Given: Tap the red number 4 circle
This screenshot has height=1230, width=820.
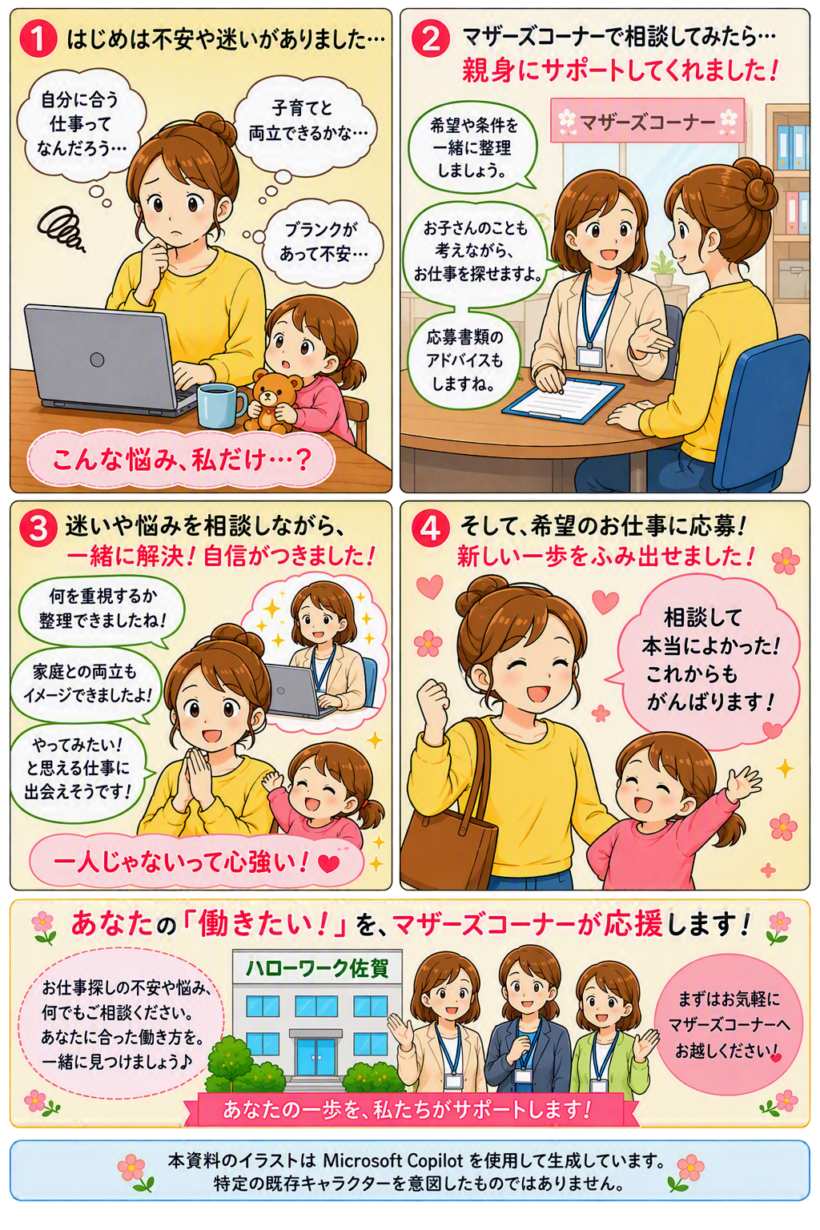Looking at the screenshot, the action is click(430, 529).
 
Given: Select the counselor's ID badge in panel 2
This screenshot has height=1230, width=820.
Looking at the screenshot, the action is click(590, 356).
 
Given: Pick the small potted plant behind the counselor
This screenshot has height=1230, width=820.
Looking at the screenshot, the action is click(664, 270).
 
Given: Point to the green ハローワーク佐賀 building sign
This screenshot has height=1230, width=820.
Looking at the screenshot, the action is click(317, 968).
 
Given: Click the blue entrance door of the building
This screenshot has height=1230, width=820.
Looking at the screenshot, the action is click(316, 1058).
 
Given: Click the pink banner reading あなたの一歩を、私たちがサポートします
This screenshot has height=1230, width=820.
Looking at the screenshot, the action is click(410, 1110).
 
